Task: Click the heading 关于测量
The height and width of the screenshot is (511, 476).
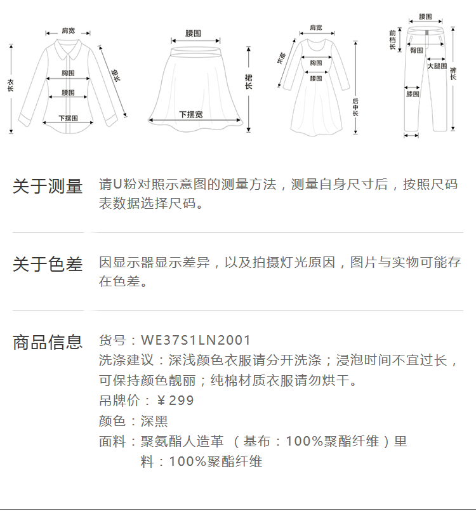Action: (x=48, y=187)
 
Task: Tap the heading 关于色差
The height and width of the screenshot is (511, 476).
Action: (x=48, y=264)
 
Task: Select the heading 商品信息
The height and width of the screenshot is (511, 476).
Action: (x=48, y=342)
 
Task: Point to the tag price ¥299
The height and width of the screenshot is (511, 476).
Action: (x=175, y=401)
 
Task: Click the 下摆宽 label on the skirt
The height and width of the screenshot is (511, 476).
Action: (x=190, y=114)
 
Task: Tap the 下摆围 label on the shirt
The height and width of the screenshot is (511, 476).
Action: (x=68, y=117)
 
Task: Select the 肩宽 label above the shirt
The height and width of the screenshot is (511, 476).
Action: (x=68, y=31)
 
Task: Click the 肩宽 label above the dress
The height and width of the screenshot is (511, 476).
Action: (x=315, y=28)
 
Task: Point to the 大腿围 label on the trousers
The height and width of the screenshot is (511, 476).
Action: (x=437, y=66)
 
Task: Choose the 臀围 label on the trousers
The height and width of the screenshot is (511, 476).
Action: (x=416, y=50)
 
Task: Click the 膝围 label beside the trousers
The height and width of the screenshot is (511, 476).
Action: (x=412, y=95)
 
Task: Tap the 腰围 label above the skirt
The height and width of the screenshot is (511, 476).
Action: (x=194, y=33)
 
